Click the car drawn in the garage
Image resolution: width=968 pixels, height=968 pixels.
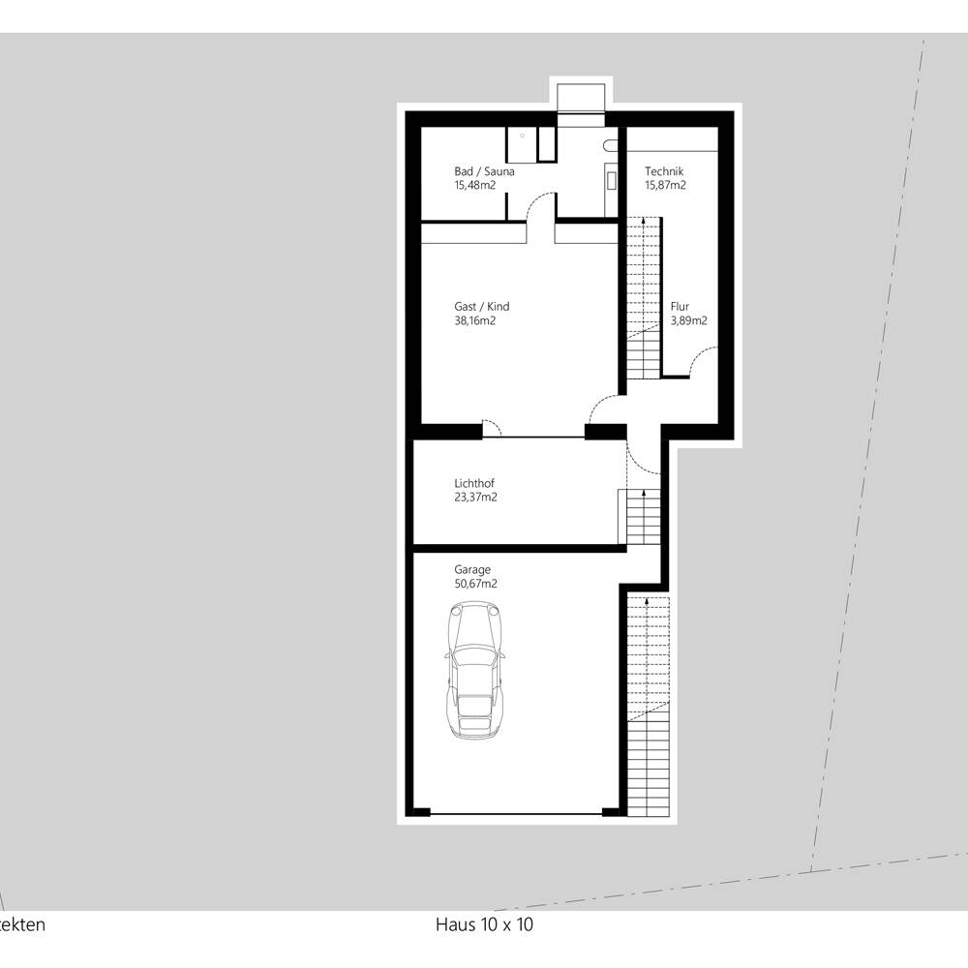pyautogui.click(x=474, y=671)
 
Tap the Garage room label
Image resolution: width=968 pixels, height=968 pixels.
pyautogui.click(x=472, y=569)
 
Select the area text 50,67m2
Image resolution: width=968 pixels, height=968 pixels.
pyautogui.click(x=475, y=584)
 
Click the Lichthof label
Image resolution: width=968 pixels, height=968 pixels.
pyautogui.click(x=474, y=483)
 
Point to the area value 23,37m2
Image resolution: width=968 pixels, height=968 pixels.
pyautogui.click(x=475, y=497)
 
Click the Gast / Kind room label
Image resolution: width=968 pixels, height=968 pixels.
pyautogui.click(x=481, y=306)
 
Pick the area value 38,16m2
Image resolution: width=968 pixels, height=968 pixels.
pyautogui.click(x=474, y=320)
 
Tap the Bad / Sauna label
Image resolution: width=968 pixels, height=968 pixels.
pyautogui.click(x=484, y=171)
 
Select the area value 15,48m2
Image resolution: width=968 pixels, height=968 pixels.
pyautogui.click(x=474, y=185)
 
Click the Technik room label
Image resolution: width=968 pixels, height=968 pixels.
pyautogui.click(x=664, y=171)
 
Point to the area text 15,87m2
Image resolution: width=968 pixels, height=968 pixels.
pyautogui.click(x=666, y=185)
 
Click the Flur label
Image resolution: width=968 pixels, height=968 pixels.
pyautogui.click(x=680, y=306)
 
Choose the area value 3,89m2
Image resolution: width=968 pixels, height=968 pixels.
pyautogui.click(x=689, y=320)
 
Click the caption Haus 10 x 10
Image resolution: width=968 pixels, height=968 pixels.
pyautogui.click(x=484, y=924)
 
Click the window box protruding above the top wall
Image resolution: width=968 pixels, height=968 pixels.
pyautogui.click(x=580, y=98)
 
